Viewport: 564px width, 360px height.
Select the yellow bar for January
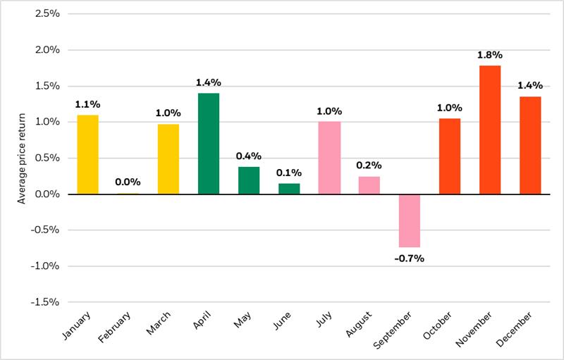[88, 154]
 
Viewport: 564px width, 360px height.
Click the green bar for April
[209, 144]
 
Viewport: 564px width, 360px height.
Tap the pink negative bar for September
[410, 221]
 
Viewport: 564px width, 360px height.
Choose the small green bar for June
[289, 189]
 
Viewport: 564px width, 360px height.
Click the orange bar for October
[450, 156]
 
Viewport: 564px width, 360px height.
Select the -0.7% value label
[410, 259]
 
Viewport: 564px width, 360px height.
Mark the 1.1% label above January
[88, 104]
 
